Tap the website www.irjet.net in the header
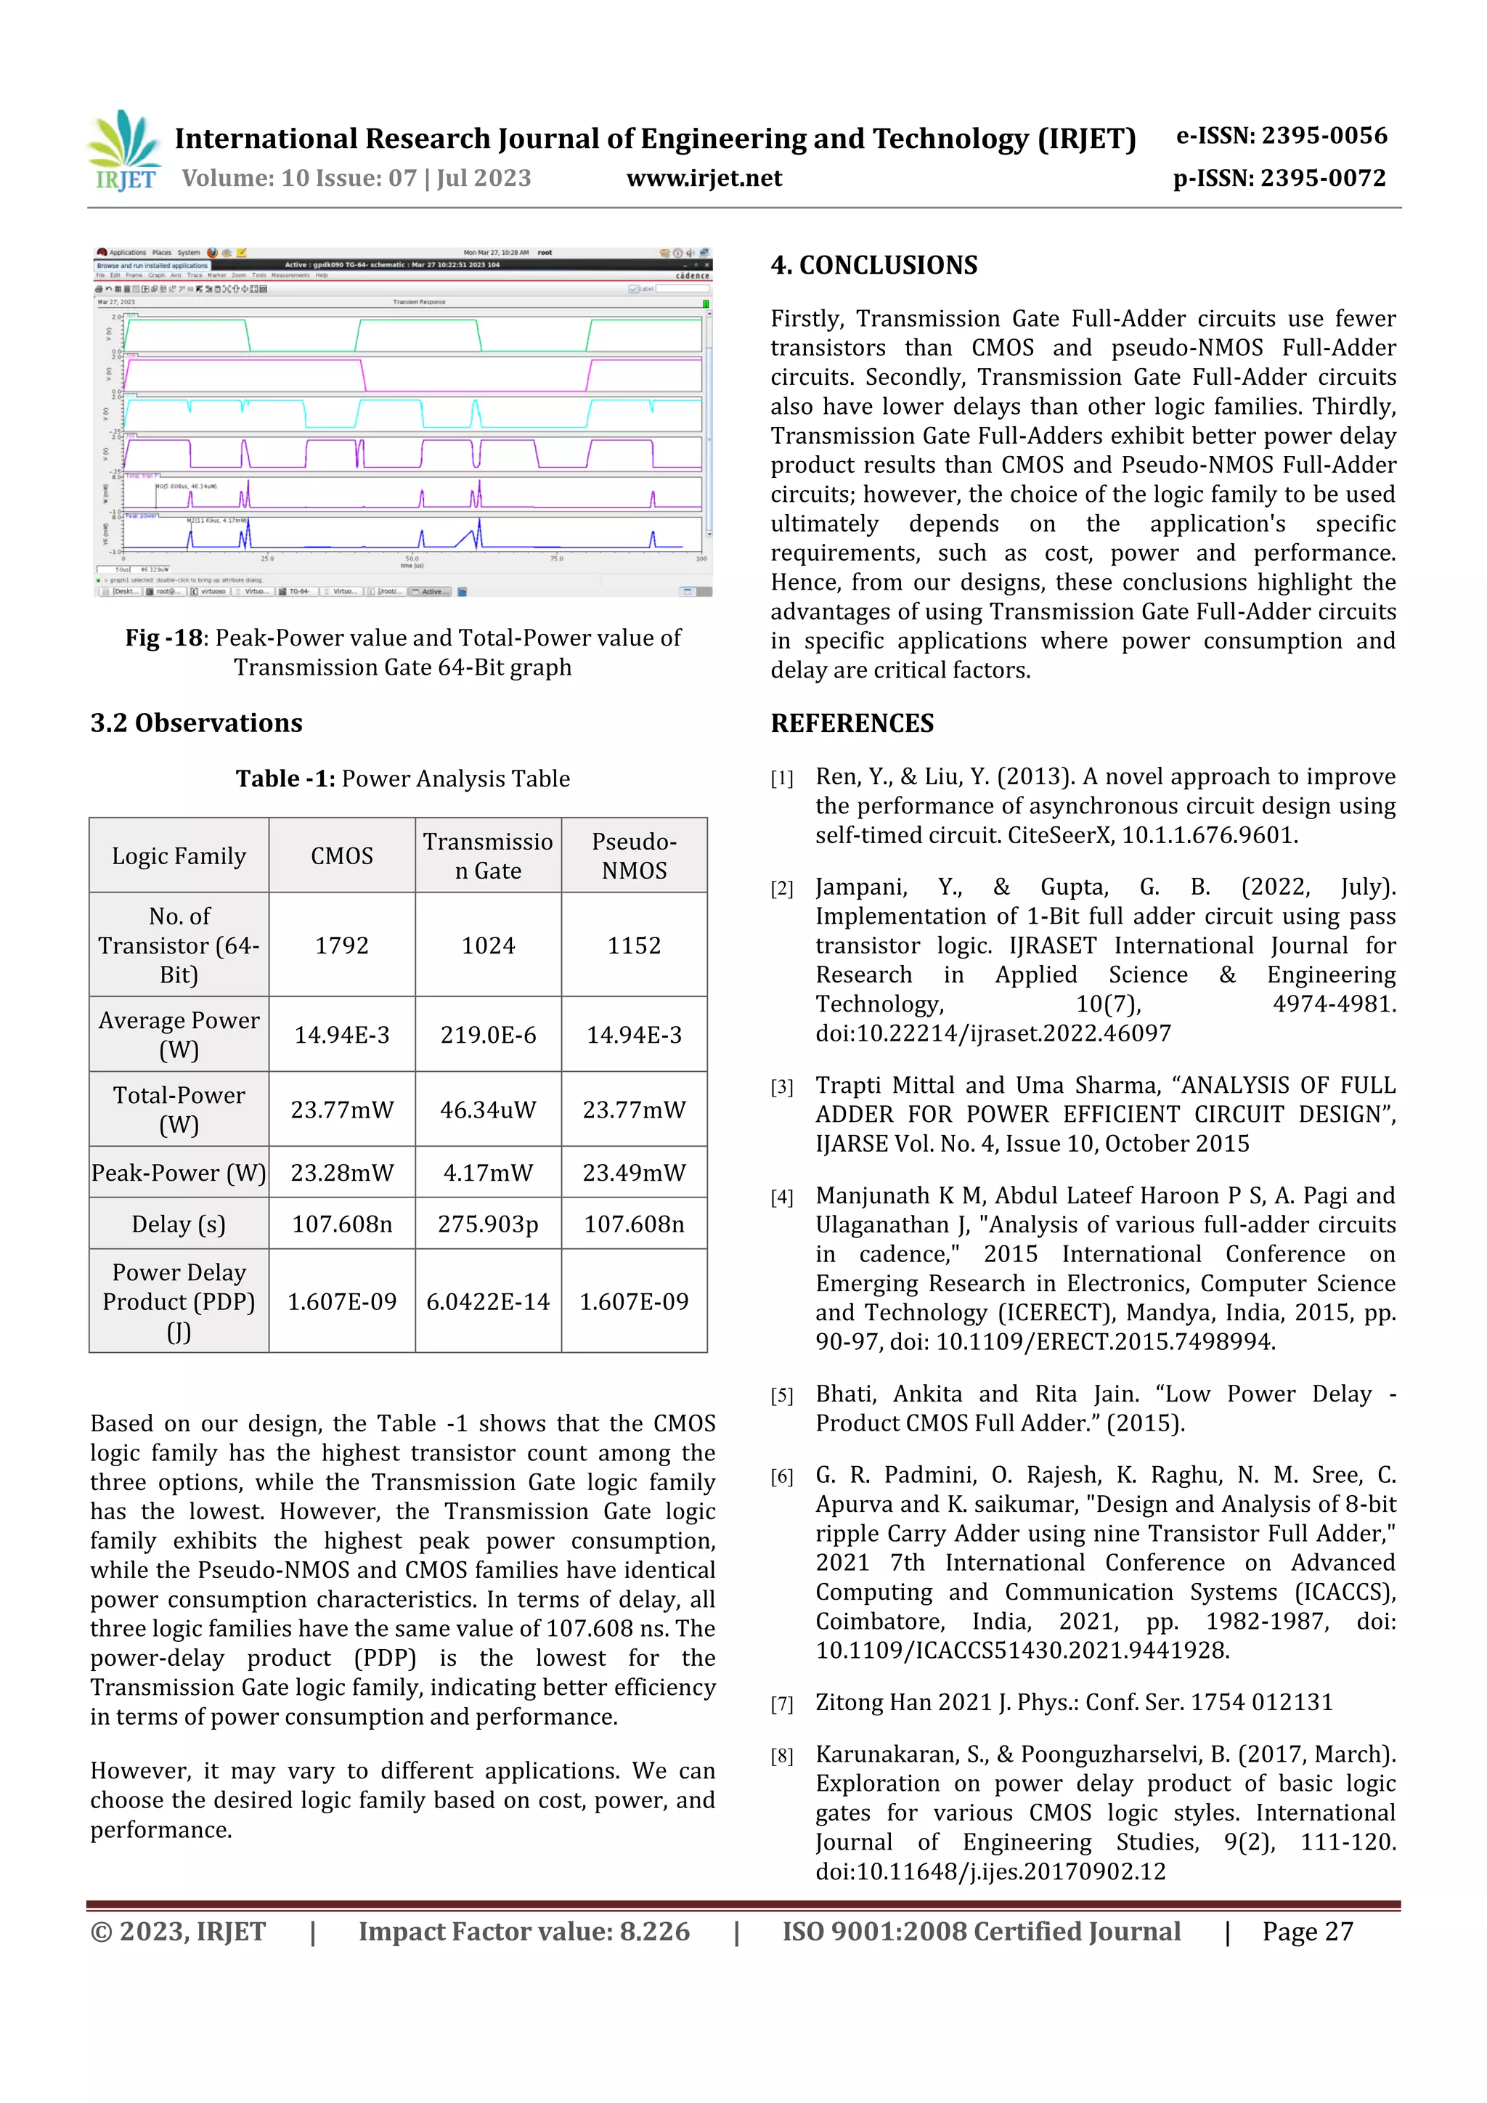coord(704,178)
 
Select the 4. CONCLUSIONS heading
coord(873,265)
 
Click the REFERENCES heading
coord(852,723)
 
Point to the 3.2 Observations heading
coord(196,723)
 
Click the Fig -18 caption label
coord(163,638)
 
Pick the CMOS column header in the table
coord(341,855)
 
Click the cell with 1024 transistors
coord(488,945)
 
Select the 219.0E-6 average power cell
coord(488,1035)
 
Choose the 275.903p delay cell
coord(488,1224)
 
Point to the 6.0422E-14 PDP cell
coord(488,1301)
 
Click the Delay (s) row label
coord(179,1224)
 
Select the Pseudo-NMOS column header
coord(634,855)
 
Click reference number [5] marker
coord(781,1396)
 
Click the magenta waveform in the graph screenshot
coord(366,375)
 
